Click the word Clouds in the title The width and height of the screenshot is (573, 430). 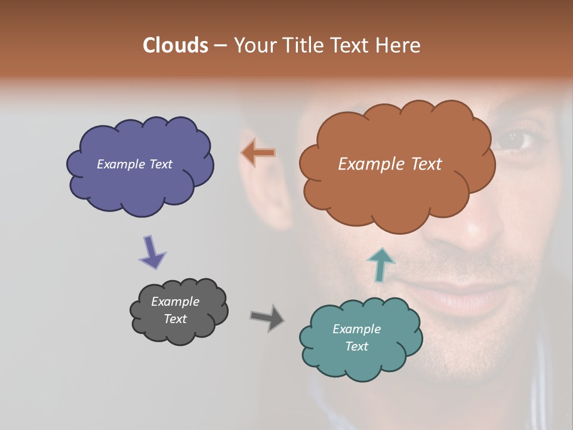(x=175, y=45)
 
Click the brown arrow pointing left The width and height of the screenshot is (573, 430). (x=258, y=152)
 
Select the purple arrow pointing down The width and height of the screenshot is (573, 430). (x=152, y=253)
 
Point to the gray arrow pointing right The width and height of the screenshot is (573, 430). (x=267, y=317)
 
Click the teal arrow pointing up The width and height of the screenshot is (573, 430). (x=380, y=265)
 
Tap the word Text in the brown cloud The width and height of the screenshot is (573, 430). (x=426, y=164)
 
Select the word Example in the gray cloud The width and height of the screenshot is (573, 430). (x=175, y=302)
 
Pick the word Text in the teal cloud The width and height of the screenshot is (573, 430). (x=356, y=346)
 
